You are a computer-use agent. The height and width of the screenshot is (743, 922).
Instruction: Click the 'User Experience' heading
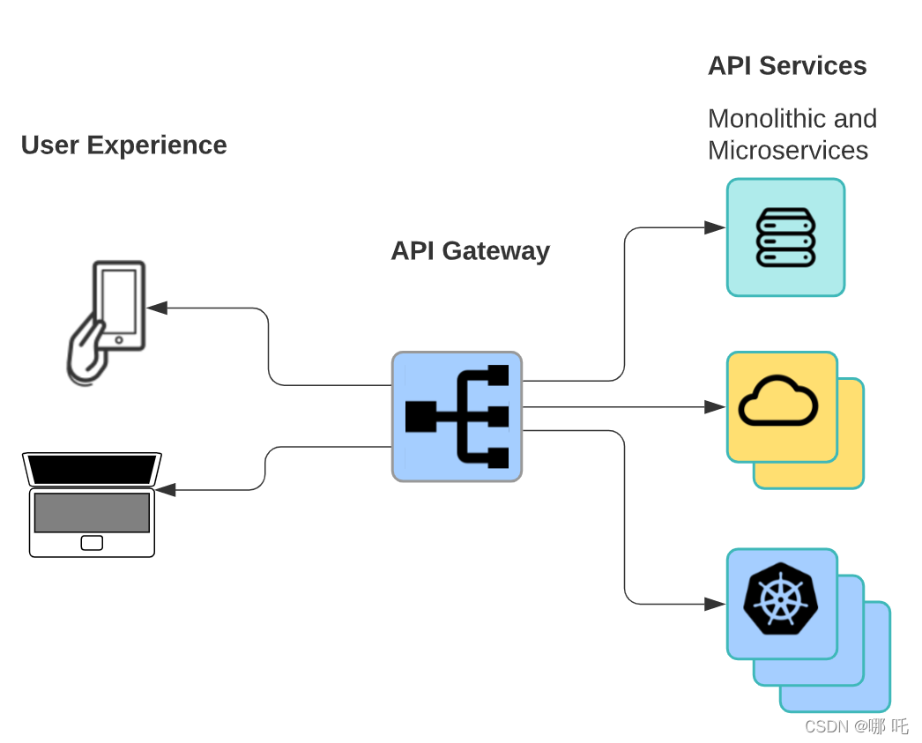pos(123,145)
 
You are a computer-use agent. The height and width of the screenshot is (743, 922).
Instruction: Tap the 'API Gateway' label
pos(470,251)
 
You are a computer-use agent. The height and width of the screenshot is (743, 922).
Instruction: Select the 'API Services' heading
pos(787,66)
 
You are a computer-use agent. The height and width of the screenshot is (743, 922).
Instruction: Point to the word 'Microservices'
pos(788,151)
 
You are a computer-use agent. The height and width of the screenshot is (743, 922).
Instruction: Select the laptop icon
pos(92,504)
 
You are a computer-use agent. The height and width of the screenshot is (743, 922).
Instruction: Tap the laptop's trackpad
pos(92,543)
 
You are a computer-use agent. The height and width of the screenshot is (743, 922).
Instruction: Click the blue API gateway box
pos(457,417)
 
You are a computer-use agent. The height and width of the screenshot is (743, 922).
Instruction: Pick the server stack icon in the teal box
pos(785,237)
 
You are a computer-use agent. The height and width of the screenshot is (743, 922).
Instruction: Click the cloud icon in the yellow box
pos(778,402)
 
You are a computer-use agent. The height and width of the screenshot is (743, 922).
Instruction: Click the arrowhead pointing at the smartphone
pos(157,308)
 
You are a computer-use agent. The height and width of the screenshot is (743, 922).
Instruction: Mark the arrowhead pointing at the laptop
pos(165,489)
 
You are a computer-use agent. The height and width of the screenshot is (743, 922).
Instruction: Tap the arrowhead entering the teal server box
pos(715,227)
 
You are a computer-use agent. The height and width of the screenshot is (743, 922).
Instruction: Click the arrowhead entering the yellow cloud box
pos(715,407)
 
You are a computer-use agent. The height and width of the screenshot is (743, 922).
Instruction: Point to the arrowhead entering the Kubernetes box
pos(715,604)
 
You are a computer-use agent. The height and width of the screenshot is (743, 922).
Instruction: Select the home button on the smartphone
pos(119,339)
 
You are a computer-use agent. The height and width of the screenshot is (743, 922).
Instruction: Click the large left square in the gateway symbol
pos(421,416)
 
